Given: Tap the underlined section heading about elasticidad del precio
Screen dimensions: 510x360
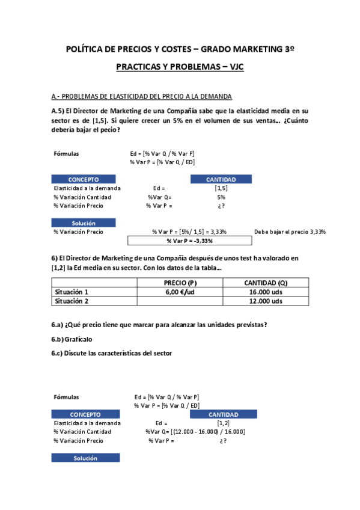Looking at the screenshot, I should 141,96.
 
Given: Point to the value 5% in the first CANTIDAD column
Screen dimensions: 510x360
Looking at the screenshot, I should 221,197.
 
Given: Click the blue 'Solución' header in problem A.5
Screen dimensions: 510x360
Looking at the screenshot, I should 84,223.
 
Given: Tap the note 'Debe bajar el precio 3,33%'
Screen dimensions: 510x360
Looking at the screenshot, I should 290,232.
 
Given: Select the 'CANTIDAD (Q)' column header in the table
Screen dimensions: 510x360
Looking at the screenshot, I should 266,283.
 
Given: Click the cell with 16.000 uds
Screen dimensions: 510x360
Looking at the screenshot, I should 266,292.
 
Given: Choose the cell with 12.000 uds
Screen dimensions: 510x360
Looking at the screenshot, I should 266,301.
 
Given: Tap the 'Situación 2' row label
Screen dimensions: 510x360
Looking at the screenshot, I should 72,301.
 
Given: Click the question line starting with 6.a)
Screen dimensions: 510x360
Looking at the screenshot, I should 159,325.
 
